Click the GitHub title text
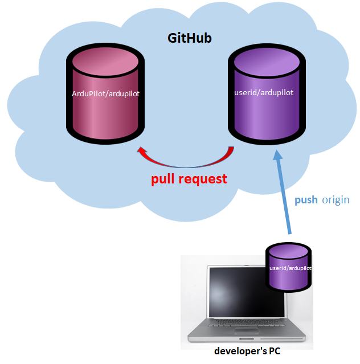[x=189, y=38]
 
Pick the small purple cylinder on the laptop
[x=290, y=268]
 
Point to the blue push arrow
[x=284, y=194]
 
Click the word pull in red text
[x=166, y=179]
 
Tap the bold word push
[x=306, y=200]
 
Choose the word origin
[x=336, y=200]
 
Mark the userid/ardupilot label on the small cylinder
[x=290, y=268]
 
